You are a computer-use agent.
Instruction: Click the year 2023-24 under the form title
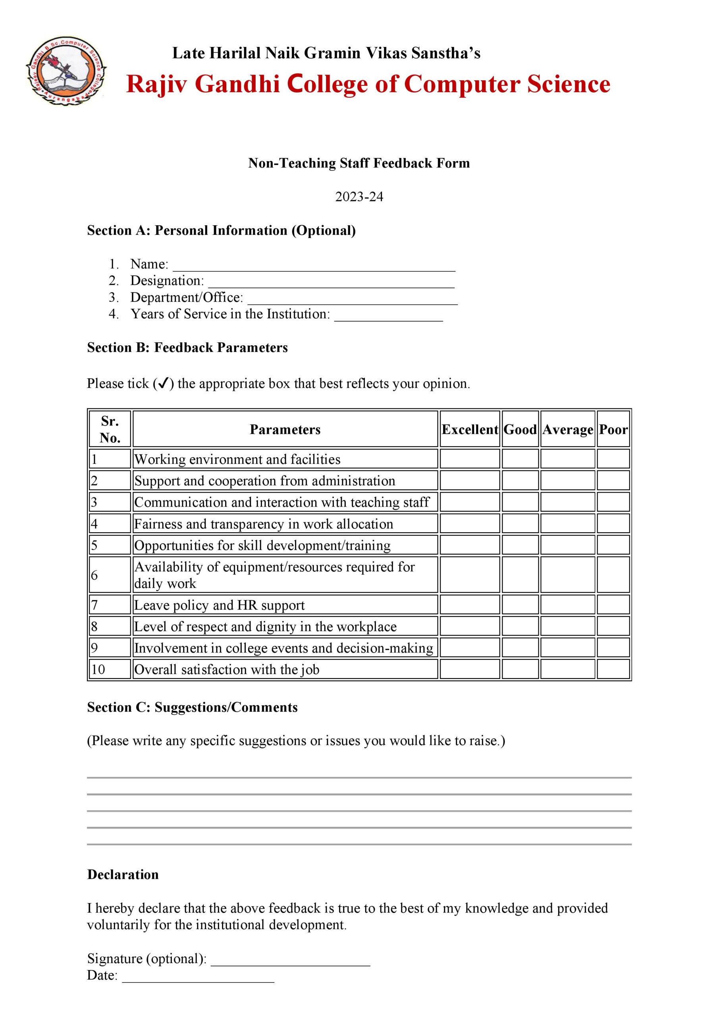pyautogui.click(x=359, y=197)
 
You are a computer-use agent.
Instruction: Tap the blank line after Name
pyautogui.click(x=314, y=266)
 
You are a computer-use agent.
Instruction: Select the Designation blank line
pyautogui.click(x=331, y=282)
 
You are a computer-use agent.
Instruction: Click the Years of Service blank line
pyautogui.click(x=388, y=316)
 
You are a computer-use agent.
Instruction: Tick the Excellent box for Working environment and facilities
pyautogui.click(x=470, y=459)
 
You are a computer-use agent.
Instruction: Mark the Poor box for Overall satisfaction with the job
pyautogui.click(x=613, y=669)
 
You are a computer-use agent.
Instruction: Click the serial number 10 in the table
pyautogui.click(x=98, y=669)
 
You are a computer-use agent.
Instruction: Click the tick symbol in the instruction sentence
pyautogui.click(x=162, y=383)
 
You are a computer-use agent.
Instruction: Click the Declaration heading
pyautogui.click(x=123, y=874)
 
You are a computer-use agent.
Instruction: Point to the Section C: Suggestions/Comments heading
pyautogui.click(x=192, y=708)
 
